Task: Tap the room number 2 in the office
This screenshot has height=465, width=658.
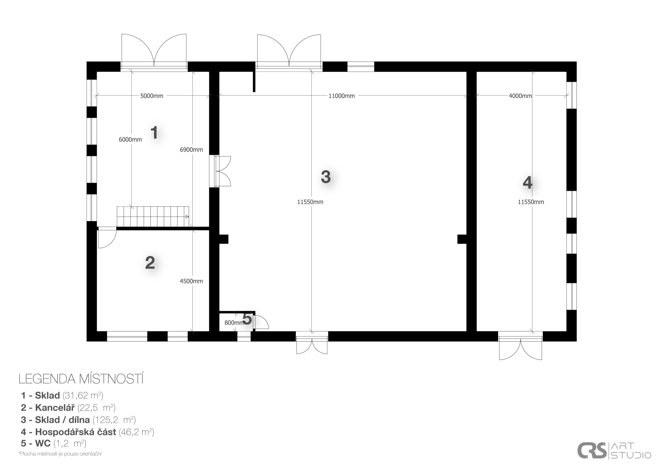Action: (x=150, y=263)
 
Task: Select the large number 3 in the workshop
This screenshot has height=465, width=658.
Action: (x=326, y=177)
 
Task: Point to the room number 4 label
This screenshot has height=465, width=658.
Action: (x=528, y=182)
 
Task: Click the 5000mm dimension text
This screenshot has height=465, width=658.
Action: (x=152, y=96)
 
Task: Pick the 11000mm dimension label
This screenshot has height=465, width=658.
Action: (x=341, y=96)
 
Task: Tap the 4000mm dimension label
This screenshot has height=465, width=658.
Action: (x=520, y=96)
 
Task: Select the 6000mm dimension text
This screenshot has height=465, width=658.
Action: (x=130, y=140)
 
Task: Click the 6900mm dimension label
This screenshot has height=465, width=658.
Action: (x=191, y=149)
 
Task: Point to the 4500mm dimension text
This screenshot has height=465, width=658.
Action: (x=191, y=281)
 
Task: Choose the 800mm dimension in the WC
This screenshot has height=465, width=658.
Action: (x=234, y=323)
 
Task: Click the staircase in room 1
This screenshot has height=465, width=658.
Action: (x=153, y=216)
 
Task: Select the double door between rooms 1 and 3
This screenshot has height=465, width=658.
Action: (x=220, y=171)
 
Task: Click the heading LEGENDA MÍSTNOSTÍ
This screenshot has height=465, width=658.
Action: (x=81, y=379)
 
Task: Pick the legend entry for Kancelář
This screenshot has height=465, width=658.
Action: (x=68, y=407)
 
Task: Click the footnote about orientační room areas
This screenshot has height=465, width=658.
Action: (x=60, y=454)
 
